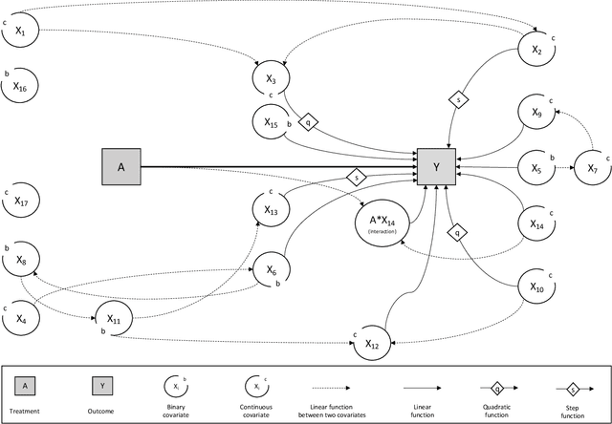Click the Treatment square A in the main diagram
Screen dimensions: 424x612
coord(121,167)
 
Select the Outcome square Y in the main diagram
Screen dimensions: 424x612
coord(436,167)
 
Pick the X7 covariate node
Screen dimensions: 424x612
coord(591,169)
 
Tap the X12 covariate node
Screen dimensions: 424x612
coord(372,345)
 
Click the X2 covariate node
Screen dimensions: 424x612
coord(536,49)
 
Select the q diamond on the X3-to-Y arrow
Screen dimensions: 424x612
coord(308,122)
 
